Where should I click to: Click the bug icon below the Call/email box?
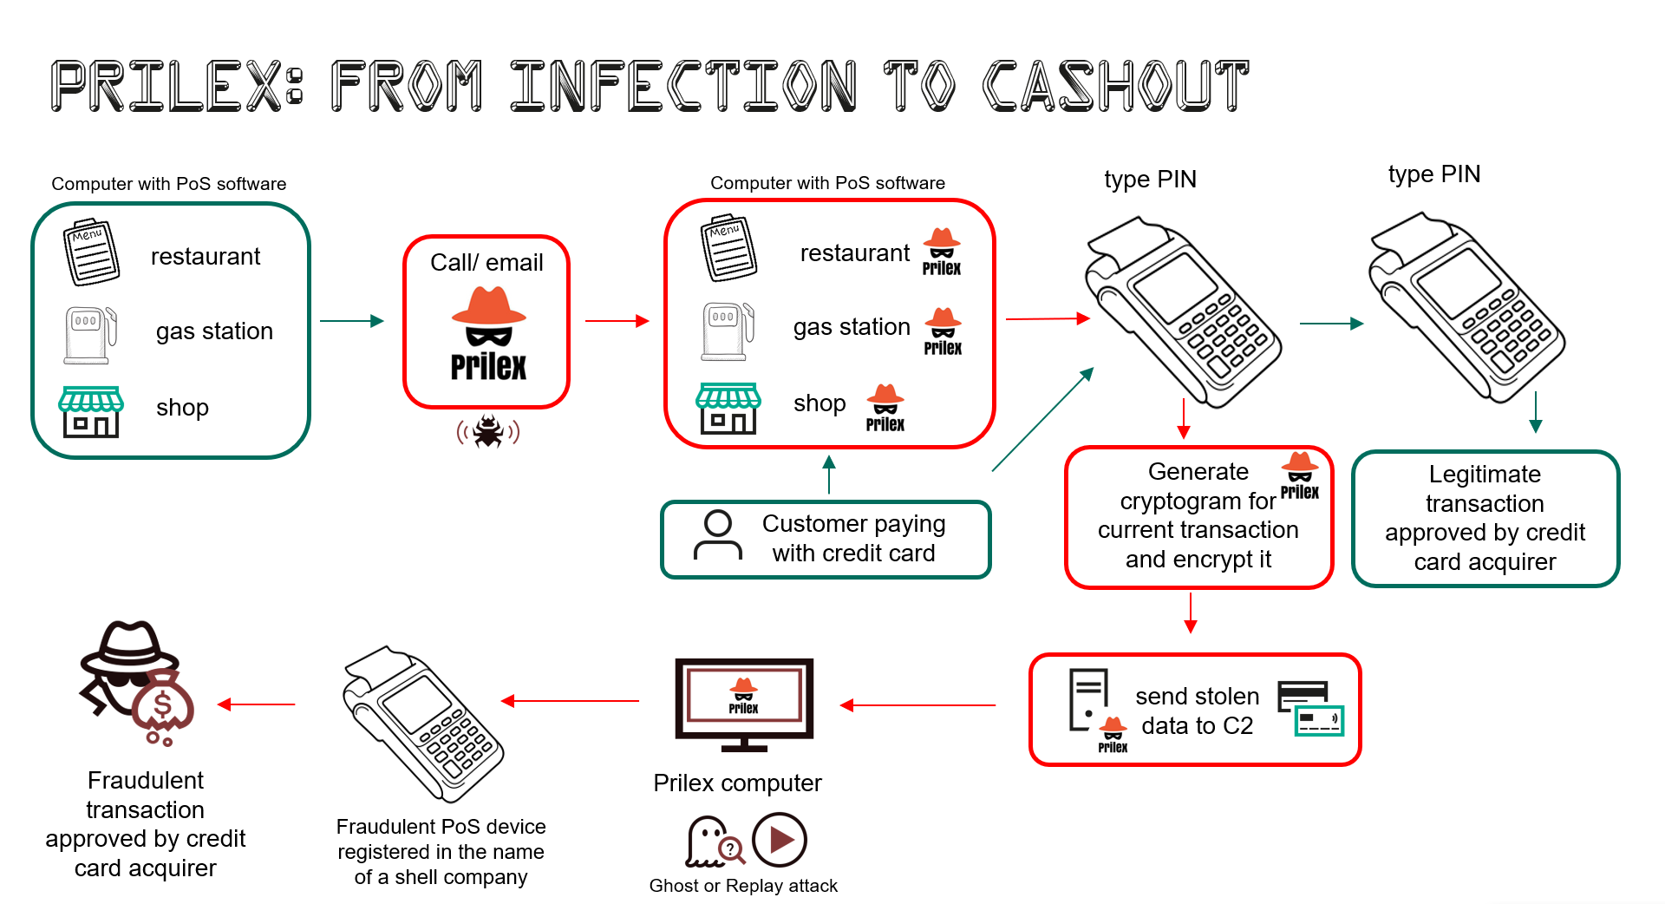[x=488, y=431]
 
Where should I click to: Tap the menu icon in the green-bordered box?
[x=90, y=252]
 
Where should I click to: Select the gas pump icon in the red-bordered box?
[x=728, y=331]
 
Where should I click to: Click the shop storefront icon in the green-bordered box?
[x=91, y=411]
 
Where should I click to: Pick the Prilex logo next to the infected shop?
[x=885, y=408]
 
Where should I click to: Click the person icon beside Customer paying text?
[x=718, y=535]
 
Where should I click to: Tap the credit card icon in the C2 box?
[x=1310, y=709]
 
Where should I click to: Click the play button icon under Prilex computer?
[x=780, y=840]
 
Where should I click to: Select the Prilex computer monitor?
[x=744, y=704]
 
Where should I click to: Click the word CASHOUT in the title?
[x=1115, y=86]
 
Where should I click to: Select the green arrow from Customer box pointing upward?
[x=829, y=475]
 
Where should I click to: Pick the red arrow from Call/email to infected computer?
[x=617, y=321]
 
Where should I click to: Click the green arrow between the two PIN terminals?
[x=1331, y=324]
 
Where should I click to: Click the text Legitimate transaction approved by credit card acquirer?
[x=1485, y=518]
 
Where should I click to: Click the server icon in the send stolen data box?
[x=1088, y=698]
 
